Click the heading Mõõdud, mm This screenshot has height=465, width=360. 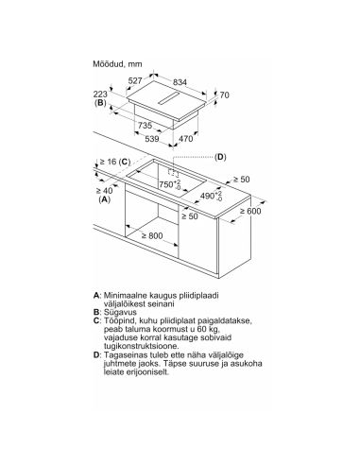click(117, 64)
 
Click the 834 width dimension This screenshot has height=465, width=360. click(180, 82)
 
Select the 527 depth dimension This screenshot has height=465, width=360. click(135, 81)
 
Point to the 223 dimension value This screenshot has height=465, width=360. click(100, 94)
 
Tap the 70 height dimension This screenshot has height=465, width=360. click(224, 95)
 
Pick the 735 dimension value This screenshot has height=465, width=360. click(145, 126)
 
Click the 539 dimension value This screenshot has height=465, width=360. click(152, 139)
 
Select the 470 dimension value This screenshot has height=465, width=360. click(185, 139)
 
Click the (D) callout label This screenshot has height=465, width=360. click(220, 157)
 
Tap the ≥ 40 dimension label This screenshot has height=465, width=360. click(104, 191)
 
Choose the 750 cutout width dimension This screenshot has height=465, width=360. click(170, 184)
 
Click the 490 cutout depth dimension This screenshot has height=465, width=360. click(211, 196)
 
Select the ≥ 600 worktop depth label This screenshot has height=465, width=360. click(250, 211)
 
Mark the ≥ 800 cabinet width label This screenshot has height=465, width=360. click(152, 235)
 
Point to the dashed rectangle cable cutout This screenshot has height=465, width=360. click(173, 173)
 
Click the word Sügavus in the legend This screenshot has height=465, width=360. click(120, 312)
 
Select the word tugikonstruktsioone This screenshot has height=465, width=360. click(142, 346)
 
